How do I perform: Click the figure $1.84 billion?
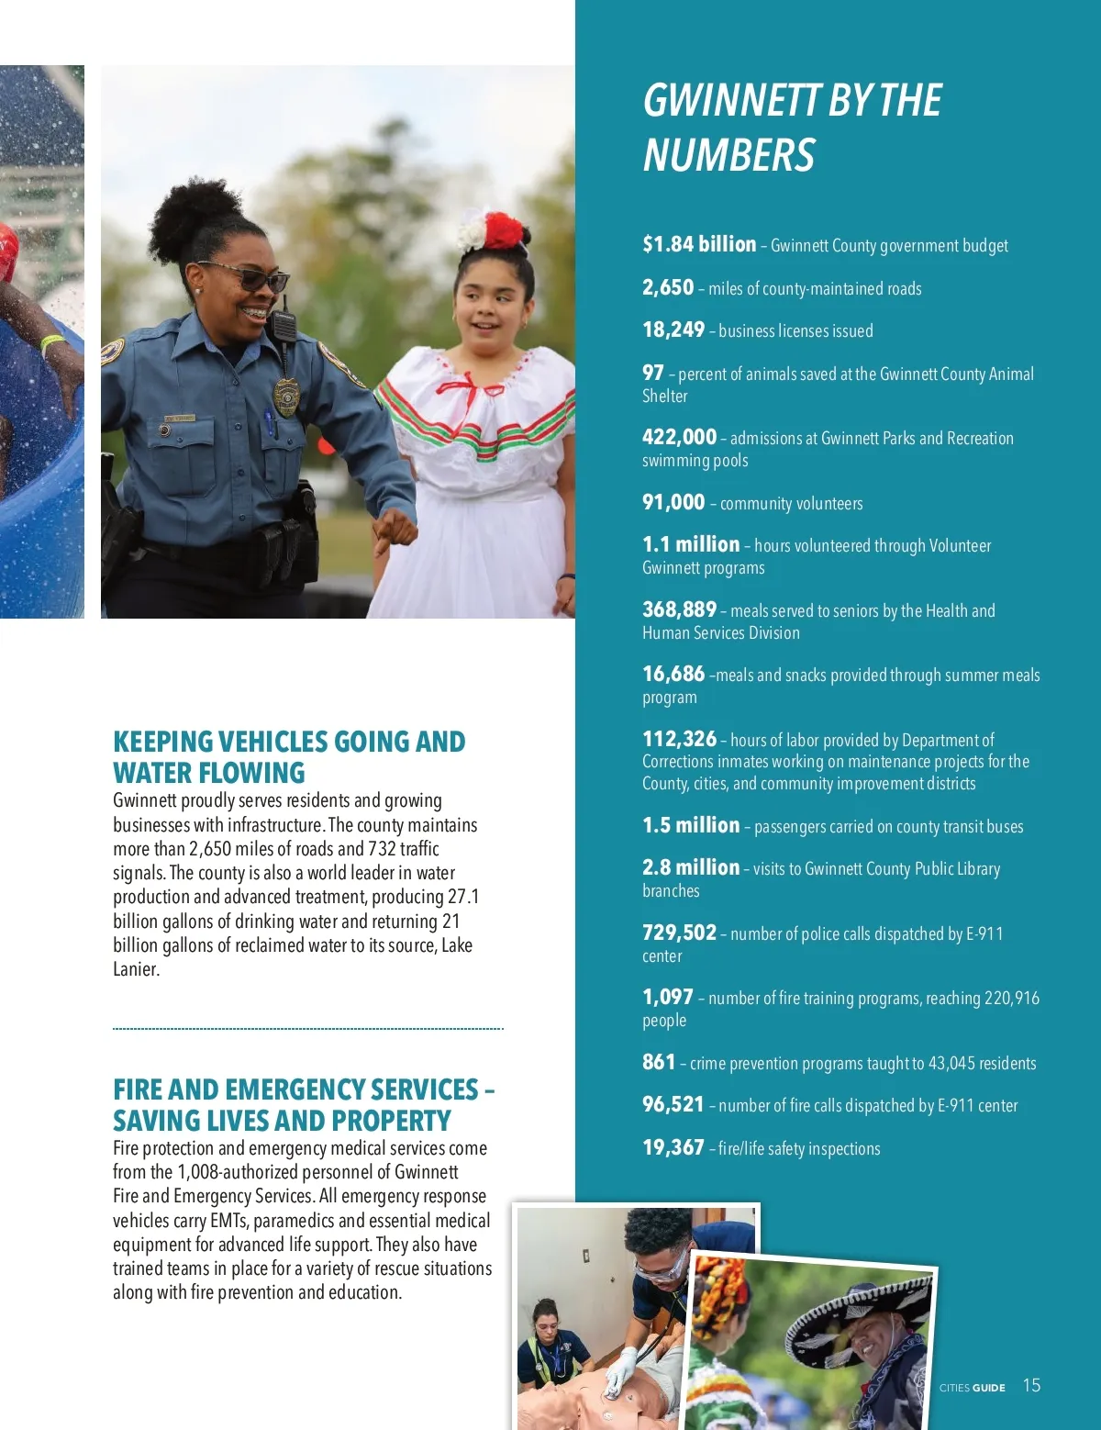tap(699, 244)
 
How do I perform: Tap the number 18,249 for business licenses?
tap(673, 330)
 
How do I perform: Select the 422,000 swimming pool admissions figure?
tap(679, 437)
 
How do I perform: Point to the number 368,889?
tap(679, 609)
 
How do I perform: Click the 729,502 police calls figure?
tap(679, 933)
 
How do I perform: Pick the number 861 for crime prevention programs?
tap(659, 1062)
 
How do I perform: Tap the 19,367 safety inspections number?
tap(673, 1147)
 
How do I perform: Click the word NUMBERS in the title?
tap(729, 155)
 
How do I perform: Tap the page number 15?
tap(1031, 1385)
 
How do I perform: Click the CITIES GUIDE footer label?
tap(972, 1388)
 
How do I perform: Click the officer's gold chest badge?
tap(286, 397)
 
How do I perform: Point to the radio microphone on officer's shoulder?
tap(284, 326)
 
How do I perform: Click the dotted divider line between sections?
tap(307, 1029)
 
